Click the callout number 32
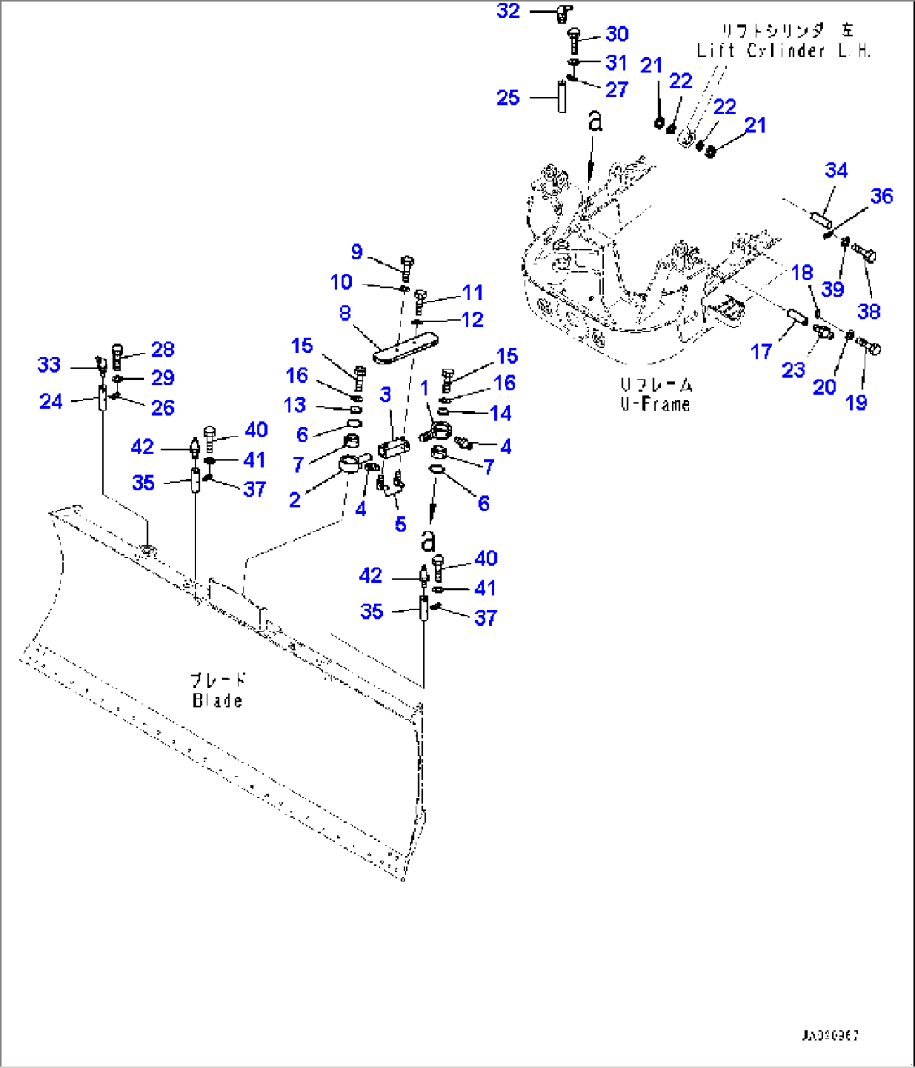pos(508,11)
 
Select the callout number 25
pos(508,97)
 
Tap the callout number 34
pos(836,170)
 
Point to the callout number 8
pos(345,313)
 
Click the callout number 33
pos(49,364)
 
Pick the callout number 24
pos(51,401)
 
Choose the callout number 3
pos(385,395)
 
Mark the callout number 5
pos(400,524)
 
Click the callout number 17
pos(761,351)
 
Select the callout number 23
pos(793,369)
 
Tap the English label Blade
pos(217,700)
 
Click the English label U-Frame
pos(656,404)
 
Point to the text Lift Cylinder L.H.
pos(783,50)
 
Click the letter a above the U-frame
pos(595,122)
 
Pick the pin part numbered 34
pos(822,221)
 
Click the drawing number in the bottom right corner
pos(829,1036)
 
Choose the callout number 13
pos(295,406)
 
